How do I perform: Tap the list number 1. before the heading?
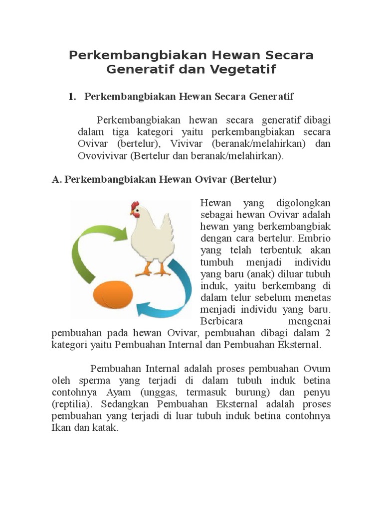point(72,96)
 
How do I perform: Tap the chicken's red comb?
point(135,206)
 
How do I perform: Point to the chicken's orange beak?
point(132,213)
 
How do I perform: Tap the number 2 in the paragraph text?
point(327,333)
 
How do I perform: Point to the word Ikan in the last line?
point(60,427)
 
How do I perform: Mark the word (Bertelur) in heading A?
point(253,179)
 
